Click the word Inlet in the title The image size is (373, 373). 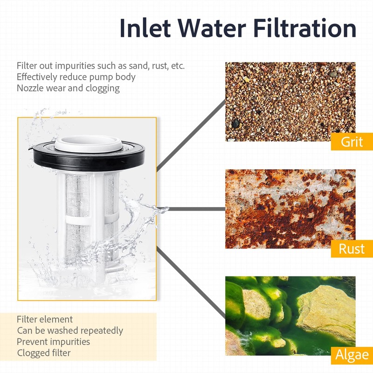click(x=145, y=28)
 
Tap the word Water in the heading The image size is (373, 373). click(x=212, y=28)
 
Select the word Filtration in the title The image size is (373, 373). click(x=305, y=28)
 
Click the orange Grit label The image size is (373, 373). click(x=352, y=142)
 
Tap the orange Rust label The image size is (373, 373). click(x=352, y=249)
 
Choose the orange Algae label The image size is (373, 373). click(x=352, y=355)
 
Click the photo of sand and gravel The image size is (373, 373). click(x=290, y=102)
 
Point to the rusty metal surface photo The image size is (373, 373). click(x=290, y=209)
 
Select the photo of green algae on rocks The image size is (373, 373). click(x=290, y=316)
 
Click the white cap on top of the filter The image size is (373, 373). click(x=88, y=144)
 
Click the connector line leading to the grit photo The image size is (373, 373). click(x=191, y=136)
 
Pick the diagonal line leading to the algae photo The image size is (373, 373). click(x=191, y=283)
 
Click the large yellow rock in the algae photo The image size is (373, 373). click(x=327, y=311)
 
